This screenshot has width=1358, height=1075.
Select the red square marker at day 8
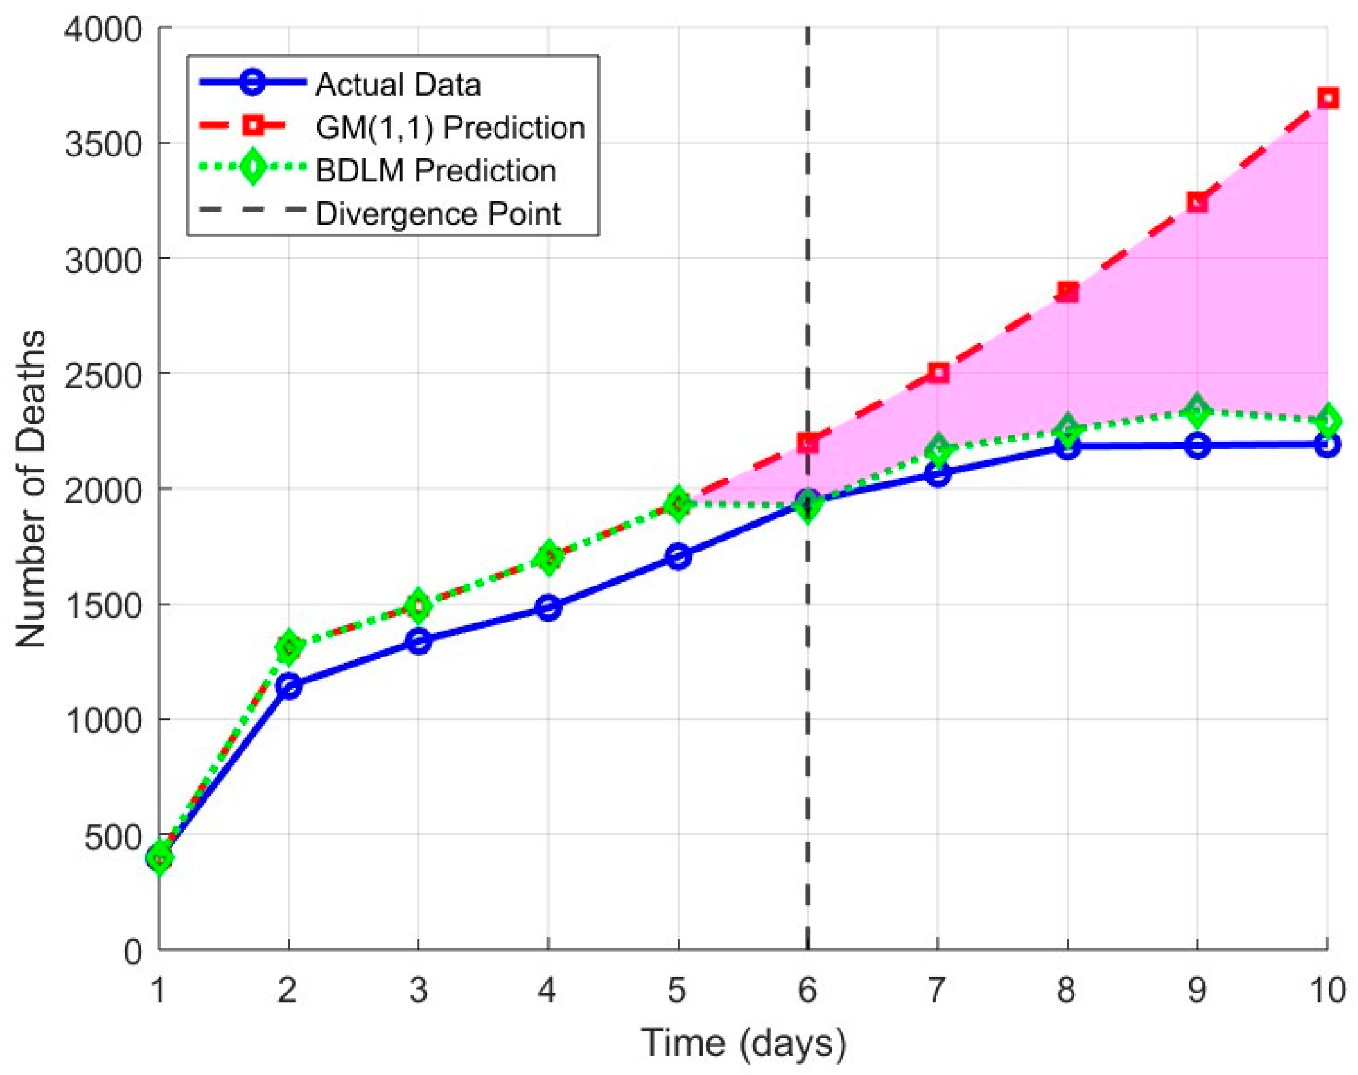pos(1067,292)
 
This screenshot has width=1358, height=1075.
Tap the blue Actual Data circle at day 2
pos(289,685)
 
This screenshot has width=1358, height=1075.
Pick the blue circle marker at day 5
pos(678,556)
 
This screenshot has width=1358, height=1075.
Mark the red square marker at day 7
pos(938,373)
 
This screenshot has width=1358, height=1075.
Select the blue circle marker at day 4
pos(548,608)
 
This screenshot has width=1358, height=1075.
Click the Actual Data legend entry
pos(397,85)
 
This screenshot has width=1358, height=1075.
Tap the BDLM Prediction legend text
pos(436,170)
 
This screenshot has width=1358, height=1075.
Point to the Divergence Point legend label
pos(438,214)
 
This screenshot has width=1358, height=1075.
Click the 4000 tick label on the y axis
pos(103,29)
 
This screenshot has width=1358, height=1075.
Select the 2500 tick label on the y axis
pos(103,375)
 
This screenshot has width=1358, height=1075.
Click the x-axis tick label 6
pos(807,989)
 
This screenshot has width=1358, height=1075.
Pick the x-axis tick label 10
pos(1326,989)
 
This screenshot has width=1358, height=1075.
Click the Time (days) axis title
pos(743,1043)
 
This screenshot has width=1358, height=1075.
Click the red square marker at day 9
pos(1197,203)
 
